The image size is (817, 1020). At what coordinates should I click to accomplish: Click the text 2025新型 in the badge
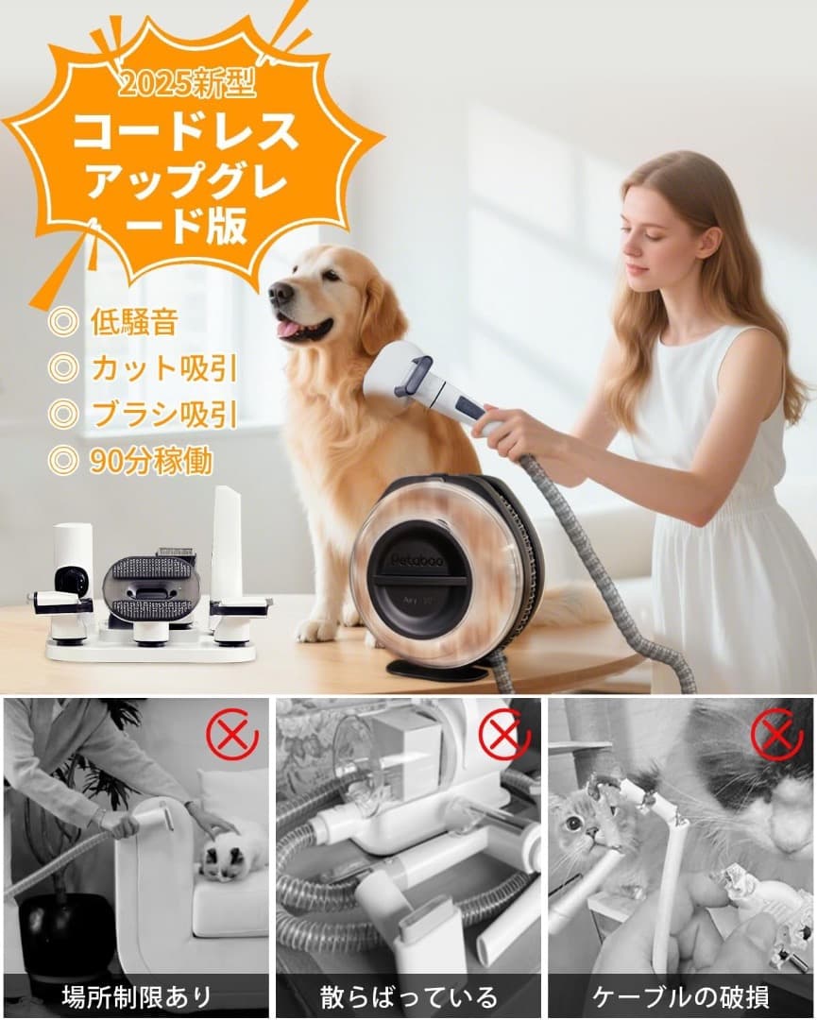pos(188,86)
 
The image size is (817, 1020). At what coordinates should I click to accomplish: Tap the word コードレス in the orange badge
pos(185,134)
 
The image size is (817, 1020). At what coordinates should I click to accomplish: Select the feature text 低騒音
pos(134,322)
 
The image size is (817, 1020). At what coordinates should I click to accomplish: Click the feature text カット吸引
pos(163,368)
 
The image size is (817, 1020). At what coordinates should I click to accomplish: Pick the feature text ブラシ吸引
pos(163,414)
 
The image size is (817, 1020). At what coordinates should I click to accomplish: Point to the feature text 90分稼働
pos(151,460)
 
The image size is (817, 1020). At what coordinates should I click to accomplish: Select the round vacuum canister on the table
pos(444,572)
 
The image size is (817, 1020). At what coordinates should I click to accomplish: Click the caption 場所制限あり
pos(136,995)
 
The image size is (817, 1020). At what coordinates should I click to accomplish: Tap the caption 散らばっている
pos(408,995)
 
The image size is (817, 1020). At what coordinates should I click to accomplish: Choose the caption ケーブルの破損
pos(681,995)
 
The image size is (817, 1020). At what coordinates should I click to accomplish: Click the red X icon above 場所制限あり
pos(232,734)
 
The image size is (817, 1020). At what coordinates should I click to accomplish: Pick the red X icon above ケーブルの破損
pos(776,734)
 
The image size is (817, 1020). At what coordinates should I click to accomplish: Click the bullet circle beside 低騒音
pos(63,322)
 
